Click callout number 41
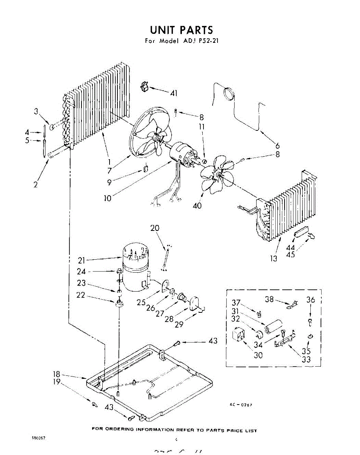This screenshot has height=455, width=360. [174, 93]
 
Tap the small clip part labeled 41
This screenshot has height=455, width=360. [144, 87]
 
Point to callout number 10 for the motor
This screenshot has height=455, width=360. [108, 198]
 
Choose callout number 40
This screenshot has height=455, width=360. [197, 206]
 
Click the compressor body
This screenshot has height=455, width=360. [135, 271]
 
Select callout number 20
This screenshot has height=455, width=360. [155, 228]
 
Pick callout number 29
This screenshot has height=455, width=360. [179, 325]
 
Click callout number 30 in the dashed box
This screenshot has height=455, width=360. [258, 355]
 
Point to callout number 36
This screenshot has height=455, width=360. [311, 300]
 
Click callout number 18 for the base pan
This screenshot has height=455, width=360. [56, 375]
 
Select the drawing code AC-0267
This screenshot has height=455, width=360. [241, 405]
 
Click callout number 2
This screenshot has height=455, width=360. [35, 185]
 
